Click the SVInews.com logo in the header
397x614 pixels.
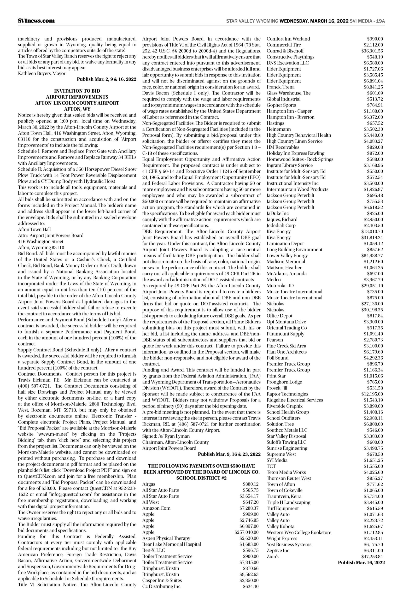tap(36, 21)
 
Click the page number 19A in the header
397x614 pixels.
tap(380, 21)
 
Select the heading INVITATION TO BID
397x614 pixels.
tap(77, 91)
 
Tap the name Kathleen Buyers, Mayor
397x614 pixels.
tap(42, 73)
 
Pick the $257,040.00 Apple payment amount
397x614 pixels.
tap(246, 532)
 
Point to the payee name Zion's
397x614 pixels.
tap(273, 556)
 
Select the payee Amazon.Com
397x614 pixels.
tap(156, 508)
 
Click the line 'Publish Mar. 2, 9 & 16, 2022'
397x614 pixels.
tap(106, 79)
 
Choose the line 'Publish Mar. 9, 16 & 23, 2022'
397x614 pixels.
tap(229, 454)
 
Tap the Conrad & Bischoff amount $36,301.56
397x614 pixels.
tap(372, 51)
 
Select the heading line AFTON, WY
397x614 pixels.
tap(77, 109)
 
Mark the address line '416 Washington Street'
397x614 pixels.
tap(41, 242)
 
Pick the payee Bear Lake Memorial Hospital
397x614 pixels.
tap(171, 544)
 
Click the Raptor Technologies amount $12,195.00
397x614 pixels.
tap(372, 394)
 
